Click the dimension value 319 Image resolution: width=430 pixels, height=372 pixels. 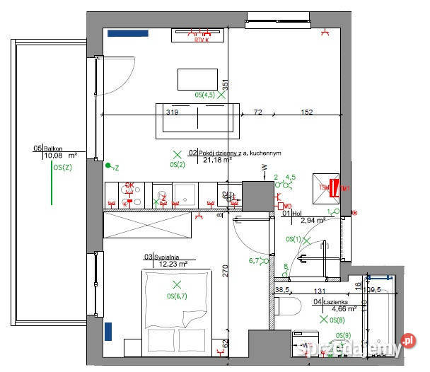[x=171, y=112]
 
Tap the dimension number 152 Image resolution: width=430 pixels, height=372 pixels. [x=306, y=112]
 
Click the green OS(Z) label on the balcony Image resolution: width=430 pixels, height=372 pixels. [x=62, y=167]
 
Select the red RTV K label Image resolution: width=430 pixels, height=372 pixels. [x=204, y=40]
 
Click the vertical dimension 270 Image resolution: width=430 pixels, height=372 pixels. [x=224, y=271]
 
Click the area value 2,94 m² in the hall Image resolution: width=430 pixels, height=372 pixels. [x=312, y=220]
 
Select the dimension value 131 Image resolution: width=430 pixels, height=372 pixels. [x=319, y=291]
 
